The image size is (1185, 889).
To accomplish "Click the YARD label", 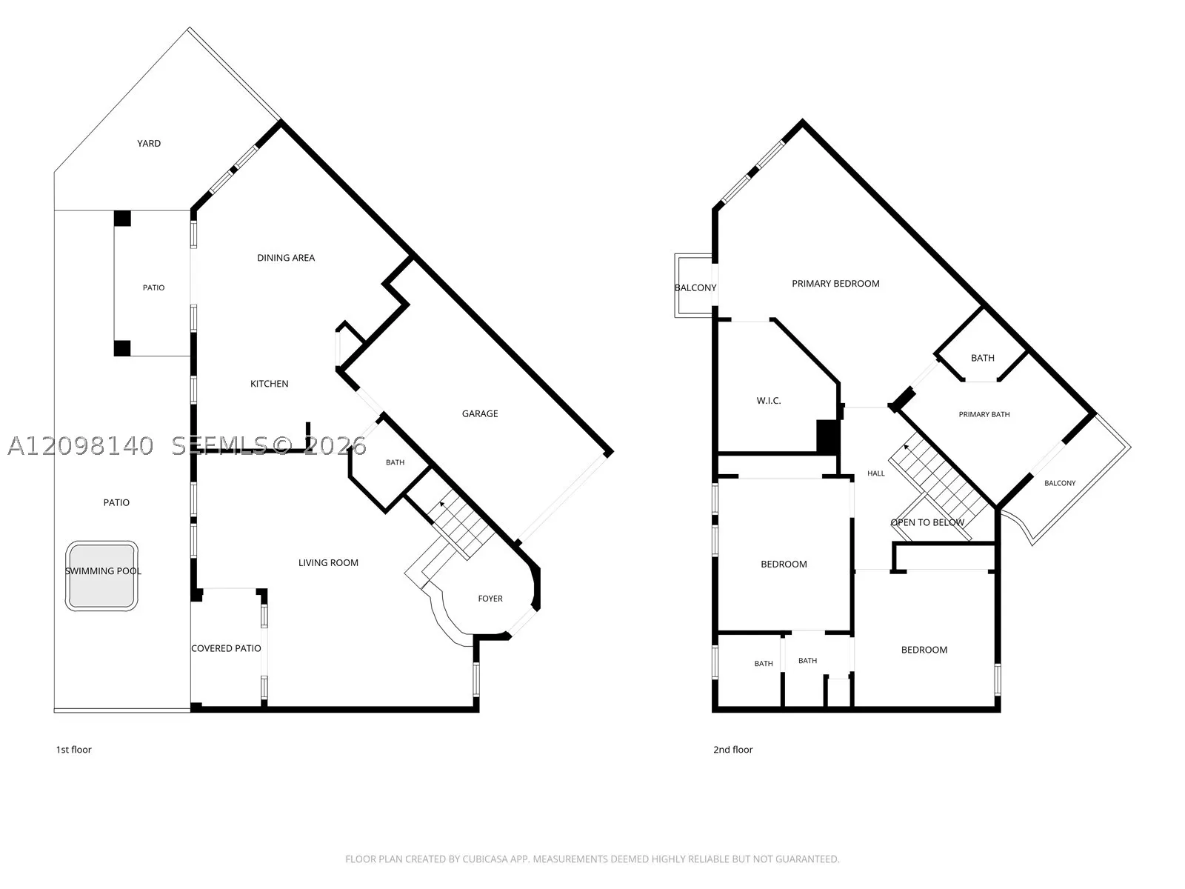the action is pyautogui.click(x=148, y=144).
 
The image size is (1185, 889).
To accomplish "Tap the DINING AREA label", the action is pyautogui.click(x=286, y=258).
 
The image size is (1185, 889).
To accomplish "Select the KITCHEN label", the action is pyautogui.click(x=269, y=384).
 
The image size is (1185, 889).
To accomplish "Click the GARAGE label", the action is pyautogui.click(x=479, y=414).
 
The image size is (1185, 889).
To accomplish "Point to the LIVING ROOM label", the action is pyautogui.click(x=328, y=563).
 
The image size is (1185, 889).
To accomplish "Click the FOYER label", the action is pyautogui.click(x=490, y=599).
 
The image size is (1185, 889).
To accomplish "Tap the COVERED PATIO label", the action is pyautogui.click(x=226, y=648).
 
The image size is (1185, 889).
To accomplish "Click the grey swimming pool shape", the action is pyautogui.click(x=101, y=576).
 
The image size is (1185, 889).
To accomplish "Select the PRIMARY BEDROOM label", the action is pyautogui.click(x=835, y=284).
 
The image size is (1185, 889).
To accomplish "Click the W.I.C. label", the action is pyautogui.click(x=768, y=401).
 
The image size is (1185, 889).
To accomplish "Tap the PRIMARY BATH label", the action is pyautogui.click(x=984, y=415).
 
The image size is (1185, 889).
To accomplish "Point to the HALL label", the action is pyautogui.click(x=875, y=473).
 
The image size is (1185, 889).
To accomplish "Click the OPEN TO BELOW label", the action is pyautogui.click(x=927, y=522).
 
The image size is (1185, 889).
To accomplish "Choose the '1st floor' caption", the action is pyautogui.click(x=74, y=750).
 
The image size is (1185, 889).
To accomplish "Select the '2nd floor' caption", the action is pyautogui.click(x=732, y=750).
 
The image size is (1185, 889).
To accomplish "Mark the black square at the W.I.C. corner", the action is pyautogui.click(x=827, y=436).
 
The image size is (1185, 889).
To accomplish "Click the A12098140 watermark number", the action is pyautogui.click(x=81, y=446).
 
